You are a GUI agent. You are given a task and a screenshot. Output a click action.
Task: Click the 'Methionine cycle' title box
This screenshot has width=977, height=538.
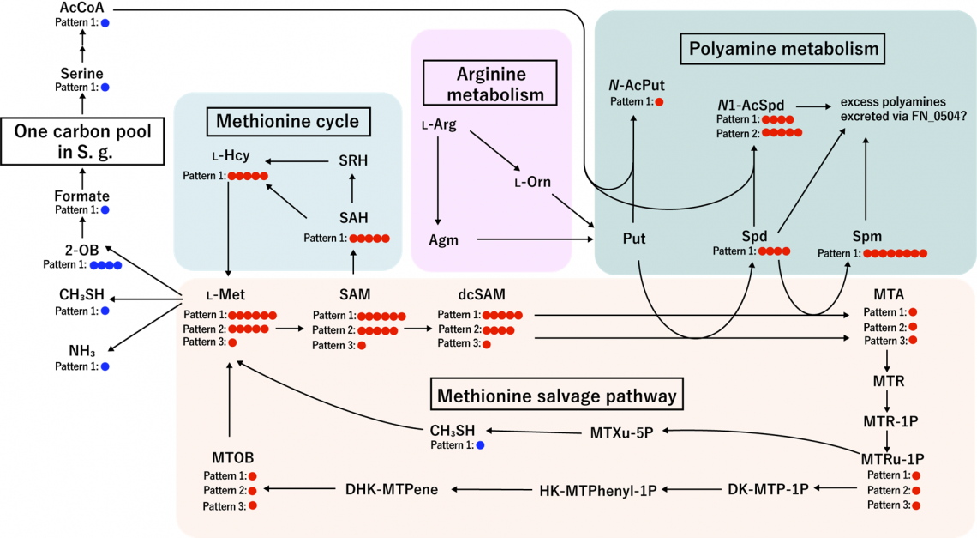click(x=288, y=121)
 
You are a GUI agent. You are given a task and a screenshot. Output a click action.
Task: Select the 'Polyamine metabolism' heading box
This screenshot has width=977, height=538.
click(x=783, y=49)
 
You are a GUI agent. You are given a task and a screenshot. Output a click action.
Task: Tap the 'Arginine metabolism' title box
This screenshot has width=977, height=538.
click(x=489, y=83)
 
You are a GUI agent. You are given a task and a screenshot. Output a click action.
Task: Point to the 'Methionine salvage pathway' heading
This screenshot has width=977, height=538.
click(x=556, y=395)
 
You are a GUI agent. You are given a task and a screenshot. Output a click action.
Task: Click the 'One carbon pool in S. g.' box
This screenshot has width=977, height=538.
click(x=82, y=142)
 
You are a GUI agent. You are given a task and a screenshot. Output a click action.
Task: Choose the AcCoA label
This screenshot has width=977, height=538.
click(x=81, y=8)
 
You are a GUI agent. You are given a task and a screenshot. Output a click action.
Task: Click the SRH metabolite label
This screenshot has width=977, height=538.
click(x=353, y=160)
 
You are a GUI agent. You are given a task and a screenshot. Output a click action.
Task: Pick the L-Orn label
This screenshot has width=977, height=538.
click(x=533, y=182)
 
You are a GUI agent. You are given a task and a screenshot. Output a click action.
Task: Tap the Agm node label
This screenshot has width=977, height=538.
click(x=443, y=240)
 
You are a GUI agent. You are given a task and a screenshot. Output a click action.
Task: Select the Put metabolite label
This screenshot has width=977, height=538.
click(x=634, y=239)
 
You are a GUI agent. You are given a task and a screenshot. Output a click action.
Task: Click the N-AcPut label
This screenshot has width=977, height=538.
click(x=637, y=85)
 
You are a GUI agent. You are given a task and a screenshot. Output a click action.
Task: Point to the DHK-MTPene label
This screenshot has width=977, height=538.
click(x=392, y=489)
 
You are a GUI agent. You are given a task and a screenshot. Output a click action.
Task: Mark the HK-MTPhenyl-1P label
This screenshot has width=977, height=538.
click(x=598, y=491)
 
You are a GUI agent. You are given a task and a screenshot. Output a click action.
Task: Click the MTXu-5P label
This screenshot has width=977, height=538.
click(x=622, y=432)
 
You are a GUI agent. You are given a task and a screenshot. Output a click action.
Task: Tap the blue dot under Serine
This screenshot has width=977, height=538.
click(x=105, y=88)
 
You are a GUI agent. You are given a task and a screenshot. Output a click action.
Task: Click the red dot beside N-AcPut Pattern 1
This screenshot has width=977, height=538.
click(x=659, y=102)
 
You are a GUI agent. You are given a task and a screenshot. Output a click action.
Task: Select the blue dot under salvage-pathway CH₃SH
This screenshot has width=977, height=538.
click(x=481, y=445)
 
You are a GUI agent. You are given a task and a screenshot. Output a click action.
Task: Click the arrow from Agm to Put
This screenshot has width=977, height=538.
click(x=535, y=239)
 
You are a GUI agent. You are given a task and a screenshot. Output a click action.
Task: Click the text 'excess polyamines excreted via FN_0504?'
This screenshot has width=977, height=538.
click(x=902, y=109)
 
